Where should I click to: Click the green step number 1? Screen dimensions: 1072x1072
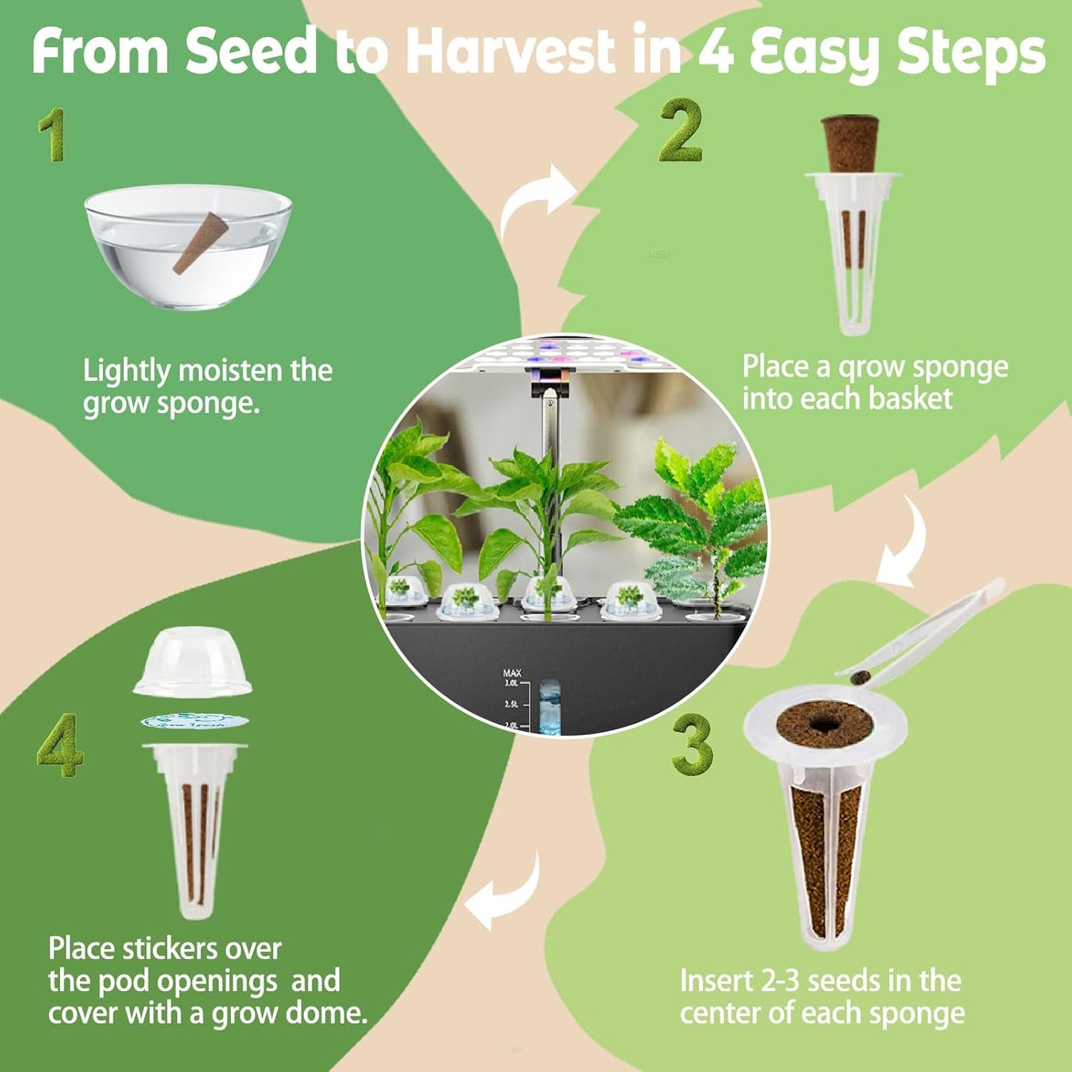(53, 135)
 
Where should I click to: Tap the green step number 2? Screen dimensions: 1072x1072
(680, 131)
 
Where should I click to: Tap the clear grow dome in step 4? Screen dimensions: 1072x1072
(193, 663)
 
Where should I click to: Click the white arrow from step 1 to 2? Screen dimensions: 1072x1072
(536, 200)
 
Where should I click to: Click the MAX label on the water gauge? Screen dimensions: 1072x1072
(512, 674)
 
